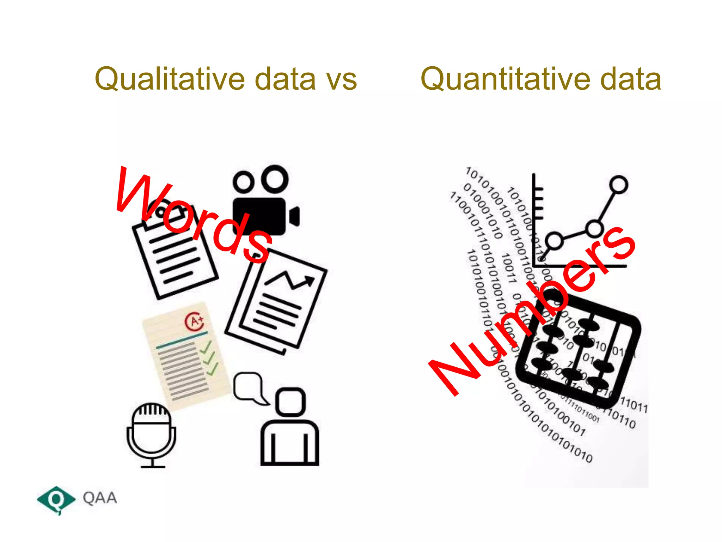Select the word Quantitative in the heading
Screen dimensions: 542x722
[504, 79]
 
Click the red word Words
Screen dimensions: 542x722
[192, 215]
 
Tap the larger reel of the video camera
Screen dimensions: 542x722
[275, 179]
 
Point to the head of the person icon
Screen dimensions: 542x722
[290, 402]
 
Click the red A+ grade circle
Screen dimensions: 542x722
[194, 321]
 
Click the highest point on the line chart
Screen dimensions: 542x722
[618, 185]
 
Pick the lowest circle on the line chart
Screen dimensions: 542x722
[554, 241]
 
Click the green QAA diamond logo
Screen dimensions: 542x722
[56, 499]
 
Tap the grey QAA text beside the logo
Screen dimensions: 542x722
[100, 498]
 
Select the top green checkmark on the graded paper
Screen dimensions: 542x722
[206, 347]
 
